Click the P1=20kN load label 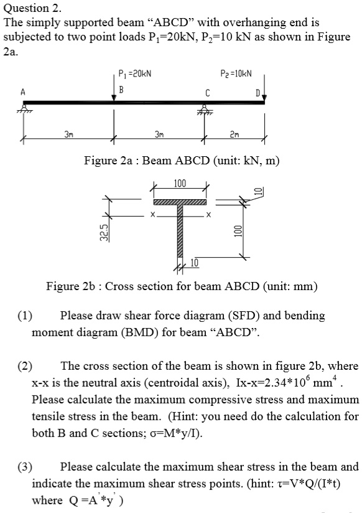click(135, 73)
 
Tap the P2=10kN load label click(236, 73)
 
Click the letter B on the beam click(122, 89)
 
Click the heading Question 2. click(33, 8)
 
